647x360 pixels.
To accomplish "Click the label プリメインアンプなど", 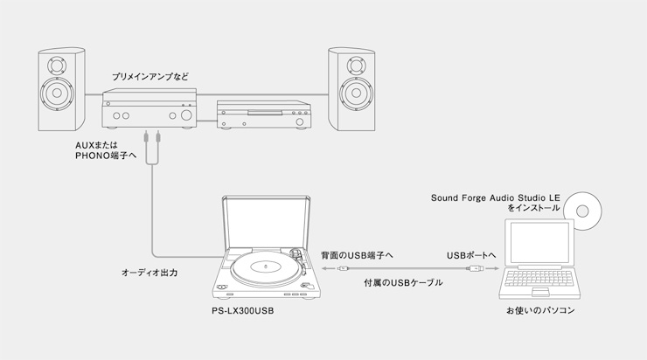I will [150, 77].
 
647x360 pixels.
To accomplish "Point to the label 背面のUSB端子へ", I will [357, 254].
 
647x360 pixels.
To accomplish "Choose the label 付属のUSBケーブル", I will [402, 283].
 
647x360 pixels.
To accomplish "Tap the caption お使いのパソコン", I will [540, 310].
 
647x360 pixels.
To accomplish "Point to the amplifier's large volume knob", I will [186, 115].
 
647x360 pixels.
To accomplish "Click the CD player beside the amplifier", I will [262, 115].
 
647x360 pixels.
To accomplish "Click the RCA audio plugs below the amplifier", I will [155, 138].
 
